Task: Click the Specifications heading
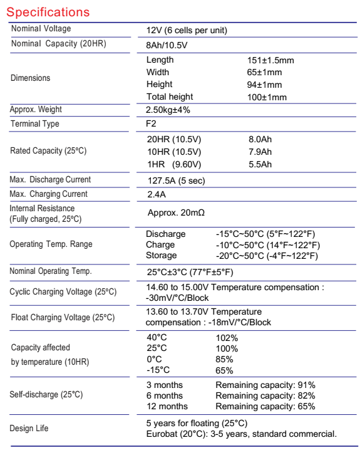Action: (x=48, y=12)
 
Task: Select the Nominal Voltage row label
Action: (x=41, y=29)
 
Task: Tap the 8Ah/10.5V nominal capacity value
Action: (x=167, y=45)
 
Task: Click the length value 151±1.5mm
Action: (x=270, y=60)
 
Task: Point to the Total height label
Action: (x=170, y=97)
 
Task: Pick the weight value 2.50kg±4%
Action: (x=168, y=110)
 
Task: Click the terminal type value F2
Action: (x=152, y=124)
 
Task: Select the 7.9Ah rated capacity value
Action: (x=260, y=152)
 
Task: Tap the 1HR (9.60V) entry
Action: (x=173, y=164)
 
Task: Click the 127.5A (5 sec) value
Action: (x=176, y=181)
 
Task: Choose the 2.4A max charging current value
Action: (x=156, y=194)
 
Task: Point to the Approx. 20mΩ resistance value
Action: (x=176, y=213)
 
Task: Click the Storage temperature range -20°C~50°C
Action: (x=267, y=256)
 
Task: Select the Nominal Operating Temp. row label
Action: (x=51, y=271)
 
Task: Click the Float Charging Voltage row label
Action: (x=63, y=317)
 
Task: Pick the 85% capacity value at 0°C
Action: (x=224, y=359)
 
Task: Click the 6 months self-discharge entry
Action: (x=165, y=395)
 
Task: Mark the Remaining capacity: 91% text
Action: (x=265, y=385)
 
